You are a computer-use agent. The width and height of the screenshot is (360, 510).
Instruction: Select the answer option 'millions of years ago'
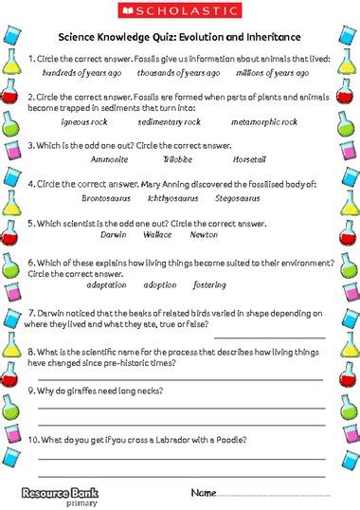click(273, 72)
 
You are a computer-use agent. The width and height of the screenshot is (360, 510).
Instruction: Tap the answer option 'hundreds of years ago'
click(81, 72)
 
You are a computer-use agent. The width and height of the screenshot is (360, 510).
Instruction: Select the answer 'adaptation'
click(105, 284)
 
